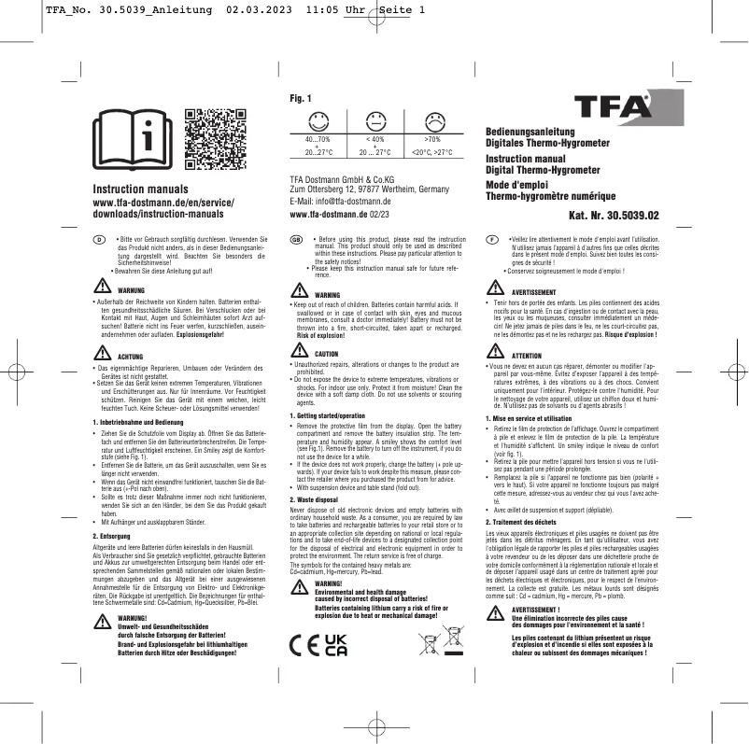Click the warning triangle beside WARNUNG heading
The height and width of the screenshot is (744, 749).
click(x=102, y=289)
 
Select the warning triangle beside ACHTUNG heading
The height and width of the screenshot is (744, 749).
click(x=102, y=356)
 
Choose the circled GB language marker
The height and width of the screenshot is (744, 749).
click(x=296, y=239)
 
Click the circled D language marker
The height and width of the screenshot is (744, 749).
click(x=100, y=240)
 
